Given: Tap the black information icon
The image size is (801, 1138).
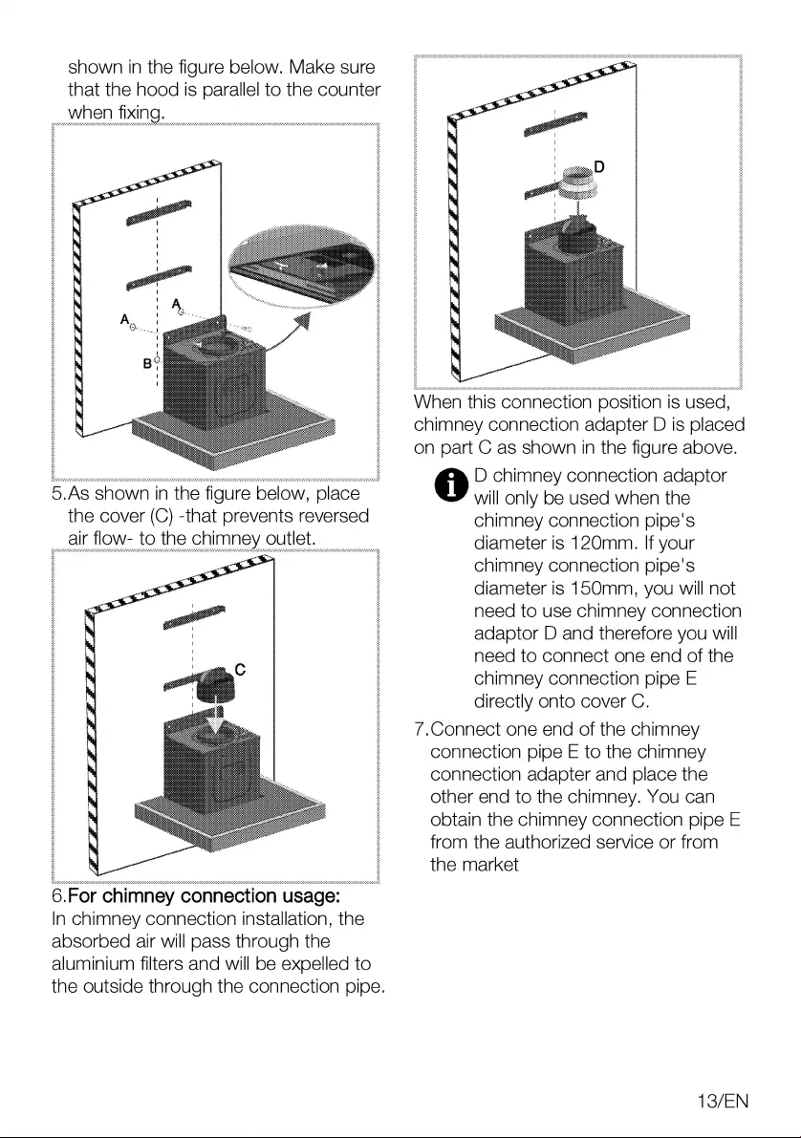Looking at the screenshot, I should coord(446,484).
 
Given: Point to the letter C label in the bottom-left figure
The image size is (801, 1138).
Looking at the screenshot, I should coord(241,670).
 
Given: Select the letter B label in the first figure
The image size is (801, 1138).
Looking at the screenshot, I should coord(147,363).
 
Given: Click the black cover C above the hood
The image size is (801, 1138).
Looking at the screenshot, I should coord(216,685).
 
